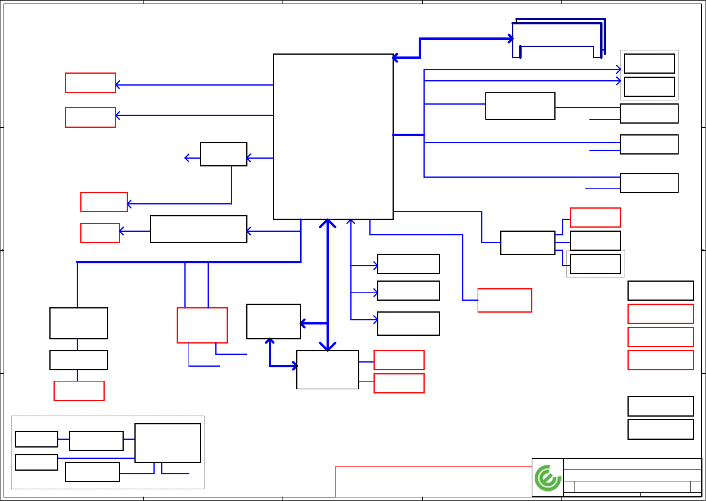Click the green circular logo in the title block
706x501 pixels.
548,478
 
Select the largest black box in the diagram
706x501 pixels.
333,137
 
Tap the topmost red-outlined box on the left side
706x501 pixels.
90,83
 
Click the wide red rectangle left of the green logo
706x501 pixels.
434,481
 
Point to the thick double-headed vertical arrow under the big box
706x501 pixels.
328,285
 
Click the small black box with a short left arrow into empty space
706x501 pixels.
224,154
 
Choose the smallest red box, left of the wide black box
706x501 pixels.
100,232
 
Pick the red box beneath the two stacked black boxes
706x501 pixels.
79,390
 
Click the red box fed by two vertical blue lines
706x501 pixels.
202,325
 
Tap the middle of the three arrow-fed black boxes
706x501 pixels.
409,291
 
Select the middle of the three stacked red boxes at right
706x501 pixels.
661,337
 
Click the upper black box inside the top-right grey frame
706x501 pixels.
649,64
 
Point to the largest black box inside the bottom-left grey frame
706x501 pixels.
168,443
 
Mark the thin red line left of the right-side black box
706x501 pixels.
603,188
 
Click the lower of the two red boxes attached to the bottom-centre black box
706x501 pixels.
399,383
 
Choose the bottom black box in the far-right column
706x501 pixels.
661,429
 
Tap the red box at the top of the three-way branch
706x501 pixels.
595,218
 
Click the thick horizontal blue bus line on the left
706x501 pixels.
189,261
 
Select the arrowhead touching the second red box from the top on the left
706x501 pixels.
118,115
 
